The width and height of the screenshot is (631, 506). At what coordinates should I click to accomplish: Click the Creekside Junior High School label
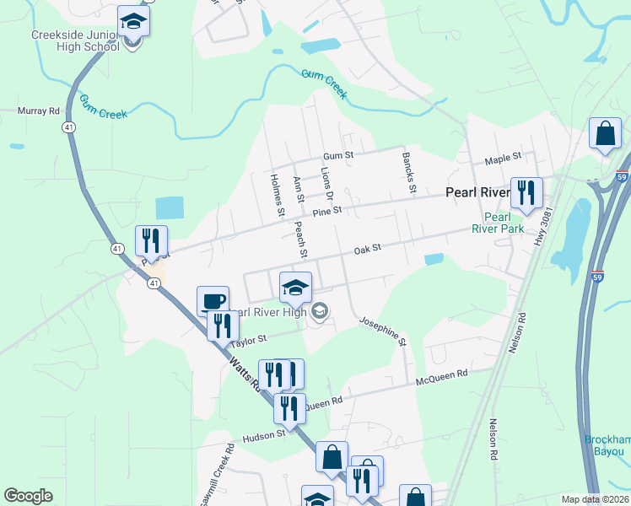pyautogui.click(x=74, y=41)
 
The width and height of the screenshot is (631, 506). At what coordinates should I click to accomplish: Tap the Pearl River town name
pyautogui.click(x=477, y=193)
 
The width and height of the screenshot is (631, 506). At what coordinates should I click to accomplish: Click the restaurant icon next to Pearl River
pyautogui.click(x=526, y=193)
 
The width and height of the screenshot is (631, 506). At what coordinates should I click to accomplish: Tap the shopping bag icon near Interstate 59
pyautogui.click(x=605, y=133)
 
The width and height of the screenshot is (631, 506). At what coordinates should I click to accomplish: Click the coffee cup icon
pyautogui.click(x=213, y=301)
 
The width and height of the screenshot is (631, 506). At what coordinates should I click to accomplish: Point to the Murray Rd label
pyautogui.click(x=39, y=110)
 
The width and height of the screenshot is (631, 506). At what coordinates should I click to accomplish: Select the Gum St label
pyautogui.click(x=337, y=156)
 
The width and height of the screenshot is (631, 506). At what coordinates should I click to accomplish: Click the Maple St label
pyautogui.click(x=503, y=158)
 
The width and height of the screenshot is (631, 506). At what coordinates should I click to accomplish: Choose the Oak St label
pyautogui.click(x=368, y=249)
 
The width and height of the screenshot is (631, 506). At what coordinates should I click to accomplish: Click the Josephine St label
pyautogui.click(x=383, y=331)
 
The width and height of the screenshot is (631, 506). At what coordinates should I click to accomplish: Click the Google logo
pyautogui.click(x=29, y=496)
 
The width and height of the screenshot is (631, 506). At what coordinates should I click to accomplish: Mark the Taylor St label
pyautogui.click(x=249, y=339)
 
